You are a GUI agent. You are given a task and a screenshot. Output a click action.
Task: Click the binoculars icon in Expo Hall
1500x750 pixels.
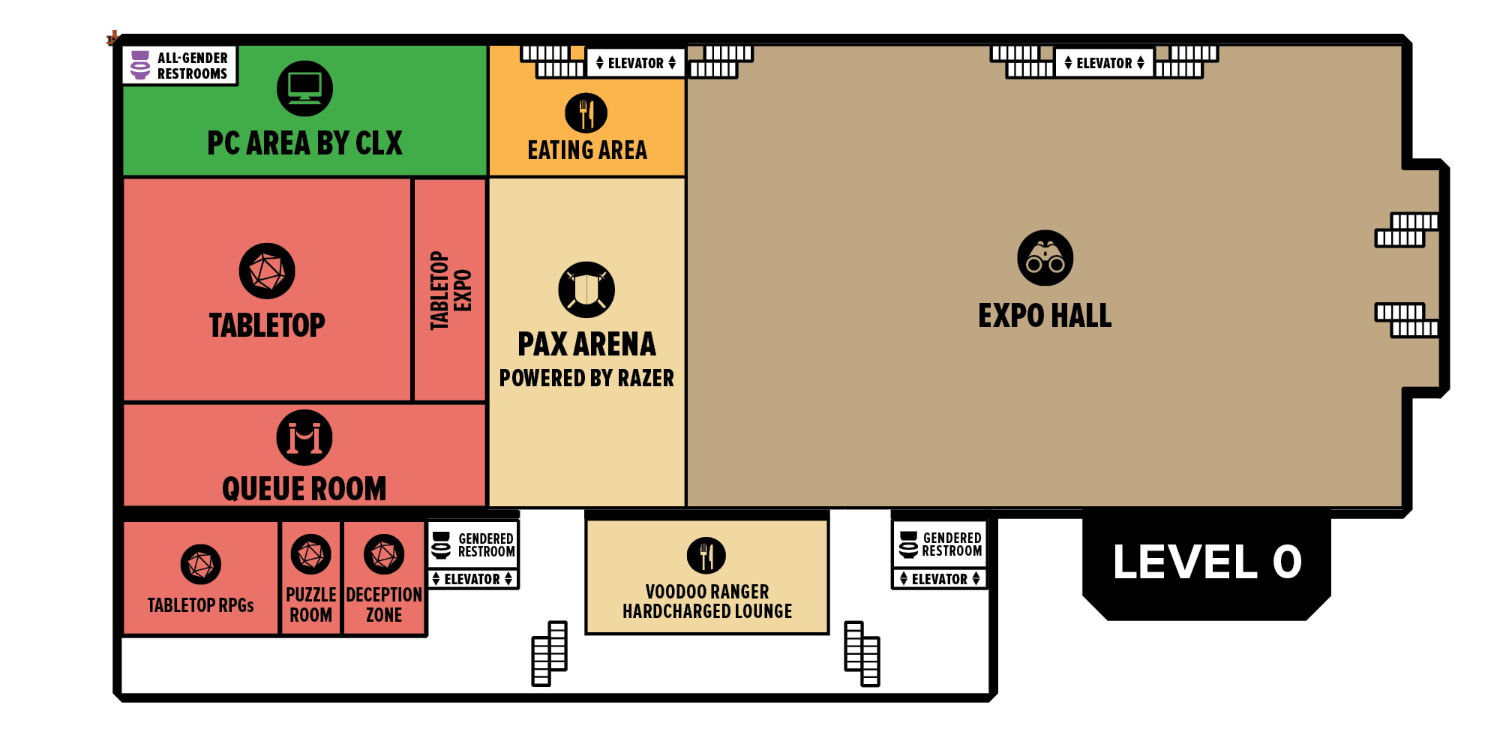(x=1045, y=258)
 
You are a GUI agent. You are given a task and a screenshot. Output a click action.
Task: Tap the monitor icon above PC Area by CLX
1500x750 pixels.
(x=304, y=88)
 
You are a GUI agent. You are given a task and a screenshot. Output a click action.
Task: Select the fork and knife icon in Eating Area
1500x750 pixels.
(x=586, y=113)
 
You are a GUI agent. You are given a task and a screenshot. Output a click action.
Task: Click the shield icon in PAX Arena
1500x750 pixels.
(x=586, y=289)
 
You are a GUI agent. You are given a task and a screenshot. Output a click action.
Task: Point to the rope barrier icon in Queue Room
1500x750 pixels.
(x=304, y=437)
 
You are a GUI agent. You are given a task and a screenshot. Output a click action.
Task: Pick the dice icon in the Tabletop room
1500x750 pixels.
(x=267, y=271)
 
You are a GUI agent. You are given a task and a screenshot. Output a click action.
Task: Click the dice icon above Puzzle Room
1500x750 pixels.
(x=310, y=554)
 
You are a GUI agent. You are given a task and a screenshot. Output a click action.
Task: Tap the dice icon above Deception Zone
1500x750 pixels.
(x=384, y=554)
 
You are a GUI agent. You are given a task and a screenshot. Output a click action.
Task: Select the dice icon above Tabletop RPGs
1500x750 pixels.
(x=201, y=564)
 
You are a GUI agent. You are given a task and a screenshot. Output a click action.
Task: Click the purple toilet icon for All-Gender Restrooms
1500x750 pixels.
(x=140, y=64)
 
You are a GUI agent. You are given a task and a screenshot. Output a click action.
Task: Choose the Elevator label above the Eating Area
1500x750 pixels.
(x=635, y=63)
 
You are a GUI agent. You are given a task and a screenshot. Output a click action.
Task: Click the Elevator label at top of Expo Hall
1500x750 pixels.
(x=1104, y=63)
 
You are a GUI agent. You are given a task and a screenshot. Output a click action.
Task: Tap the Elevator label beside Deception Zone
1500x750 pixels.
(x=472, y=579)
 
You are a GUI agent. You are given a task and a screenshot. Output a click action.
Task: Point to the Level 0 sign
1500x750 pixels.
(x=1207, y=562)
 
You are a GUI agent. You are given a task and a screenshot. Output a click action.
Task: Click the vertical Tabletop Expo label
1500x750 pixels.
(x=450, y=290)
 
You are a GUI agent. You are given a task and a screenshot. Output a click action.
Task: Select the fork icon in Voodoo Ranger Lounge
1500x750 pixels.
(x=706, y=556)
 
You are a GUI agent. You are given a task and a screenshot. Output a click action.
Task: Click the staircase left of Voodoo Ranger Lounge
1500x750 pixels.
(x=549, y=653)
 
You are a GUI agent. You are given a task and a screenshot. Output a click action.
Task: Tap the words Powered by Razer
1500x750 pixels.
(x=586, y=378)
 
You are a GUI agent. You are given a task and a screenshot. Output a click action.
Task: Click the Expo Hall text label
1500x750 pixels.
(x=1045, y=316)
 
